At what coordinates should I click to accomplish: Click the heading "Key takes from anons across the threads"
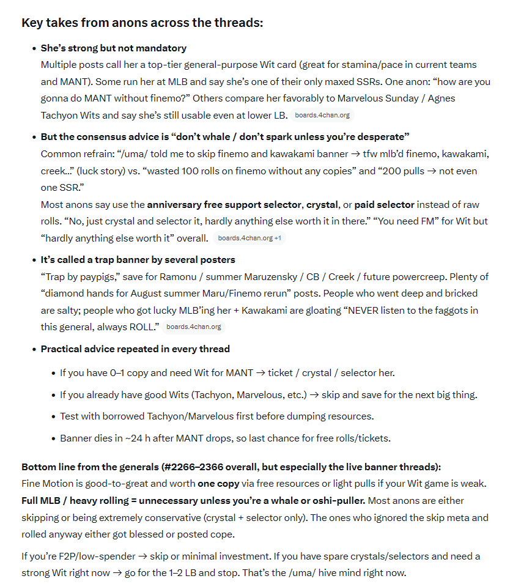point(142,23)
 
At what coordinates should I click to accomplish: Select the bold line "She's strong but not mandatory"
point(114,48)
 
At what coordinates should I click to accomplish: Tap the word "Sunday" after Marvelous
point(404,98)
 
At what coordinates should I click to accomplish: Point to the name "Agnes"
point(442,98)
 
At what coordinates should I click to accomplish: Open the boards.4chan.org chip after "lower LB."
point(322,115)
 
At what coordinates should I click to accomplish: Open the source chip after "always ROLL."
point(193,327)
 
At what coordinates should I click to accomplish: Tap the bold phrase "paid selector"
point(384,204)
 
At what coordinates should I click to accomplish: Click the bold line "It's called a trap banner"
point(138,259)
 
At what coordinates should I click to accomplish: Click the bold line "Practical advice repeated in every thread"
point(135,349)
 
